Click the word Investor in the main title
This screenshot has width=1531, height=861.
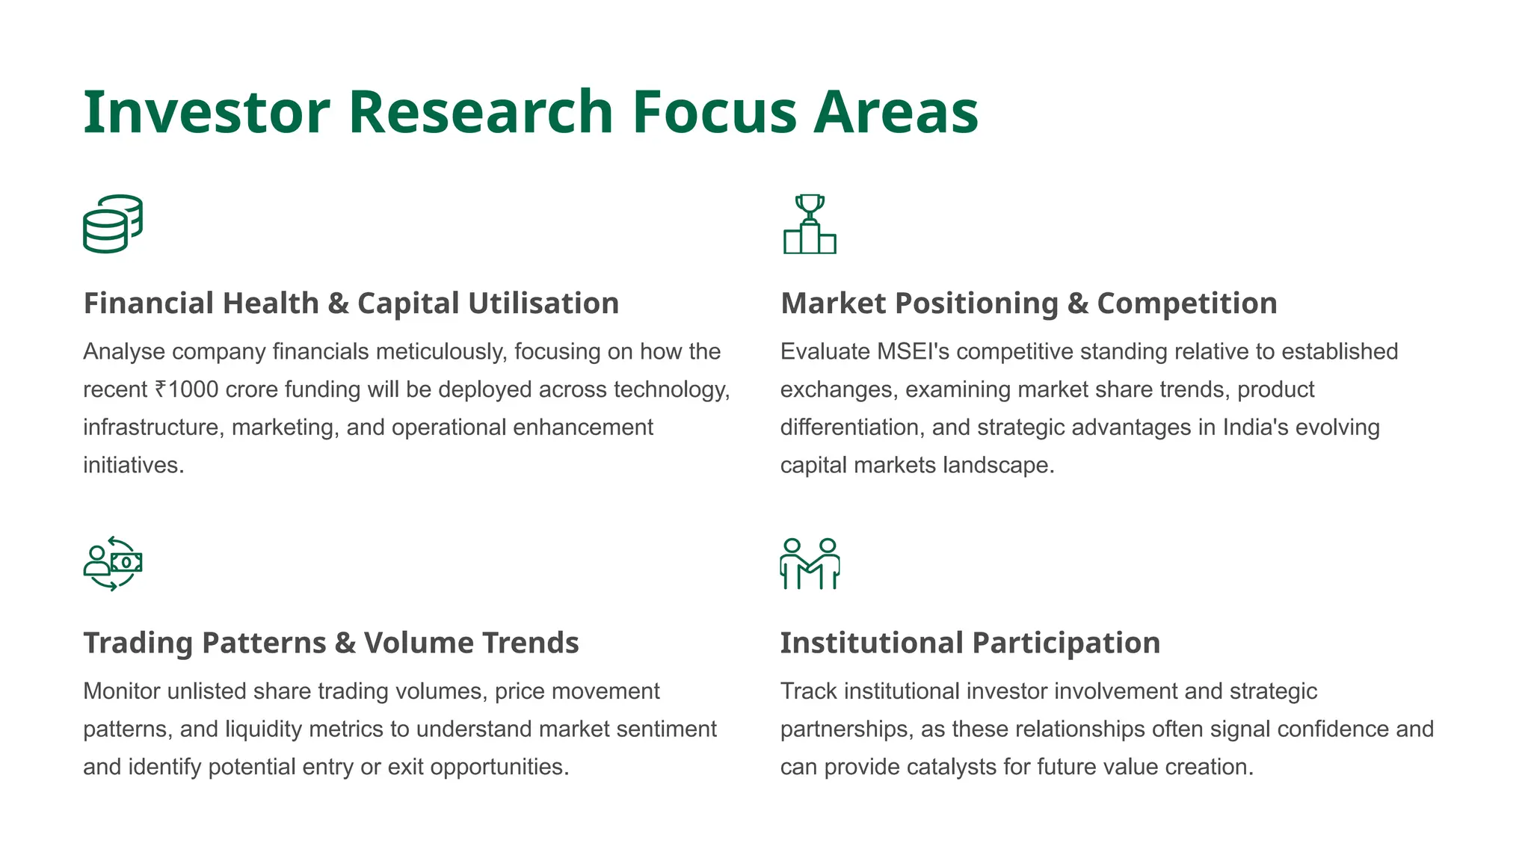(206, 112)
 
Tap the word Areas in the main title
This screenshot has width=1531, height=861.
(896, 112)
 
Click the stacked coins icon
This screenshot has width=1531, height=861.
(113, 224)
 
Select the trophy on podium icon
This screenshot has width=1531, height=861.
(810, 224)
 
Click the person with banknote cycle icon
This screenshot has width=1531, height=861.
(113, 564)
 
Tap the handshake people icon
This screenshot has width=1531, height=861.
(810, 564)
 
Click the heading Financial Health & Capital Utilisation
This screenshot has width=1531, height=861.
(351, 303)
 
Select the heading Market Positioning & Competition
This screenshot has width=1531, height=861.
(1029, 303)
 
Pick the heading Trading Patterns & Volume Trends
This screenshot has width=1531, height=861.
(330, 643)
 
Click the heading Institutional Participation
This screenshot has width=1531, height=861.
(970, 643)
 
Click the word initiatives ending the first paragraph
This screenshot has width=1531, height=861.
(132, 466)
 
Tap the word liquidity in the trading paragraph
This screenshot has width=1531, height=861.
(263, 729)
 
